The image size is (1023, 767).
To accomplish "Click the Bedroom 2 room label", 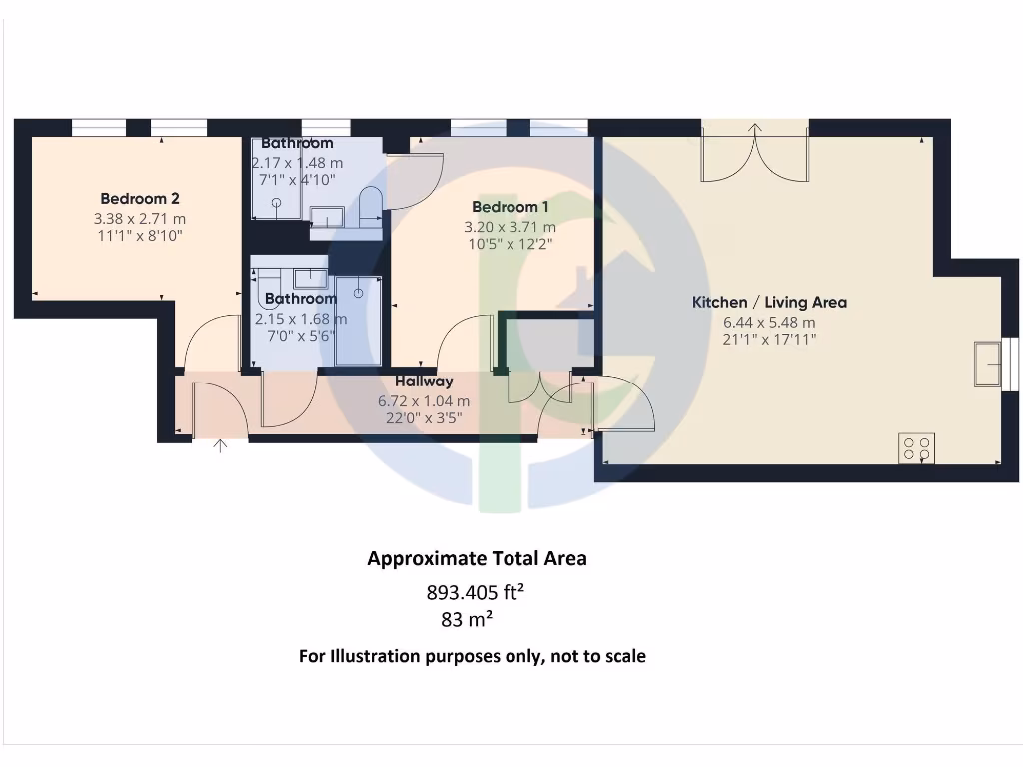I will click(140, 198).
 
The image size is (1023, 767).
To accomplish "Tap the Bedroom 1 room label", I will click(510, 207).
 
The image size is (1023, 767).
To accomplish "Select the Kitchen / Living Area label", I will click(769, 302).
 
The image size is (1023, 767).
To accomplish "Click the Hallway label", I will click(424, 382).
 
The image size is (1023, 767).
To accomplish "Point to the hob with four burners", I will click(918, 447).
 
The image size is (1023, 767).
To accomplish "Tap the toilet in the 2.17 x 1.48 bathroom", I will click(368, 209).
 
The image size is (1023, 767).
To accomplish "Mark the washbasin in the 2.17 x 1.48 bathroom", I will click(326, 217).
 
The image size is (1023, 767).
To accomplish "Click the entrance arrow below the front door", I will click(221, 446).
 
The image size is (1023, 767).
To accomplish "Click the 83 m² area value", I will click(466, 620).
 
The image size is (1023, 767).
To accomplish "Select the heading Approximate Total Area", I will click(477, 559).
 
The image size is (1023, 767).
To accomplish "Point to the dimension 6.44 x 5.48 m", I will click(769, 322).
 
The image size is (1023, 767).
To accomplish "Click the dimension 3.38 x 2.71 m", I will click(140, 219).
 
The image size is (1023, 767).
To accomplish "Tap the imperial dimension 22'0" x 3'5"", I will click(424, 417).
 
